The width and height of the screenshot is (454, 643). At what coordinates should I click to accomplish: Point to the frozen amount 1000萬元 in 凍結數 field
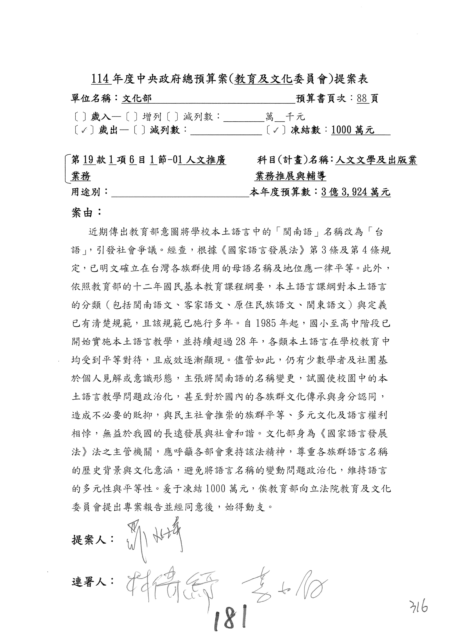click(x=353, y=130)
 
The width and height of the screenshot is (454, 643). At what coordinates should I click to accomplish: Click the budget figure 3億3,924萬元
click(x=356, y=192)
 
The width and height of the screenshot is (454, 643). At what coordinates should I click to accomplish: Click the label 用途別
click(x=89, y=192)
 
